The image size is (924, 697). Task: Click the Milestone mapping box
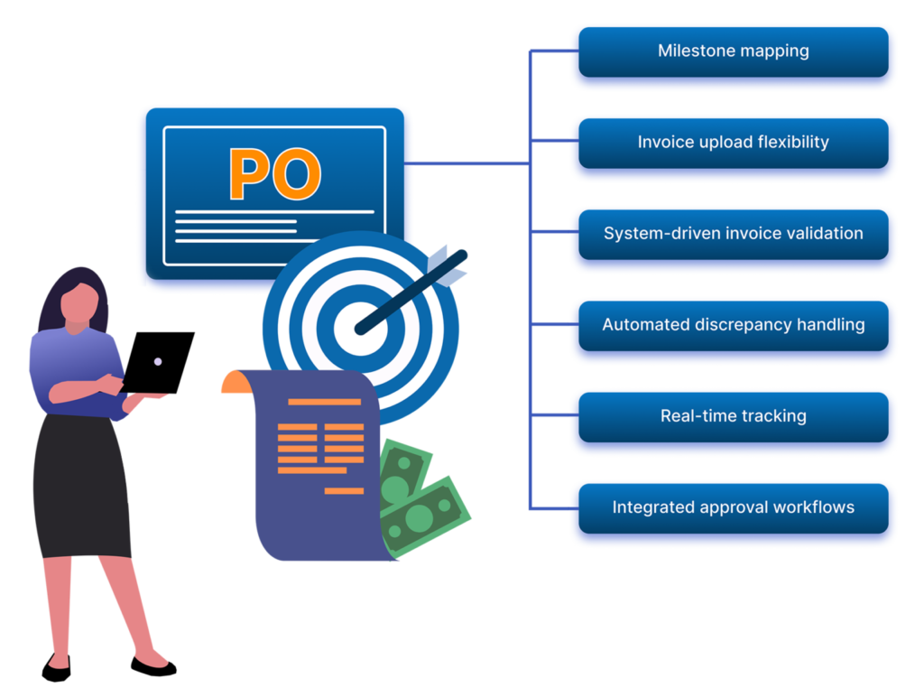[x=733, y=51]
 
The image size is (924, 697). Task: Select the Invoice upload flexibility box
[x=733, y=143]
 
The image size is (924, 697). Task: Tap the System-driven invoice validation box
[x=733, y=234]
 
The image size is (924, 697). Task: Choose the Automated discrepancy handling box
[x=733, y=325]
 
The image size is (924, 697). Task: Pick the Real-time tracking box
[x=733, y=416]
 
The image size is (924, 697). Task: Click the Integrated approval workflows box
[x=733, y=507]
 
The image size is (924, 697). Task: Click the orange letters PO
[x=274, y=174]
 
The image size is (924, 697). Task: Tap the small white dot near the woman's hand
[x=158, y=362]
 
